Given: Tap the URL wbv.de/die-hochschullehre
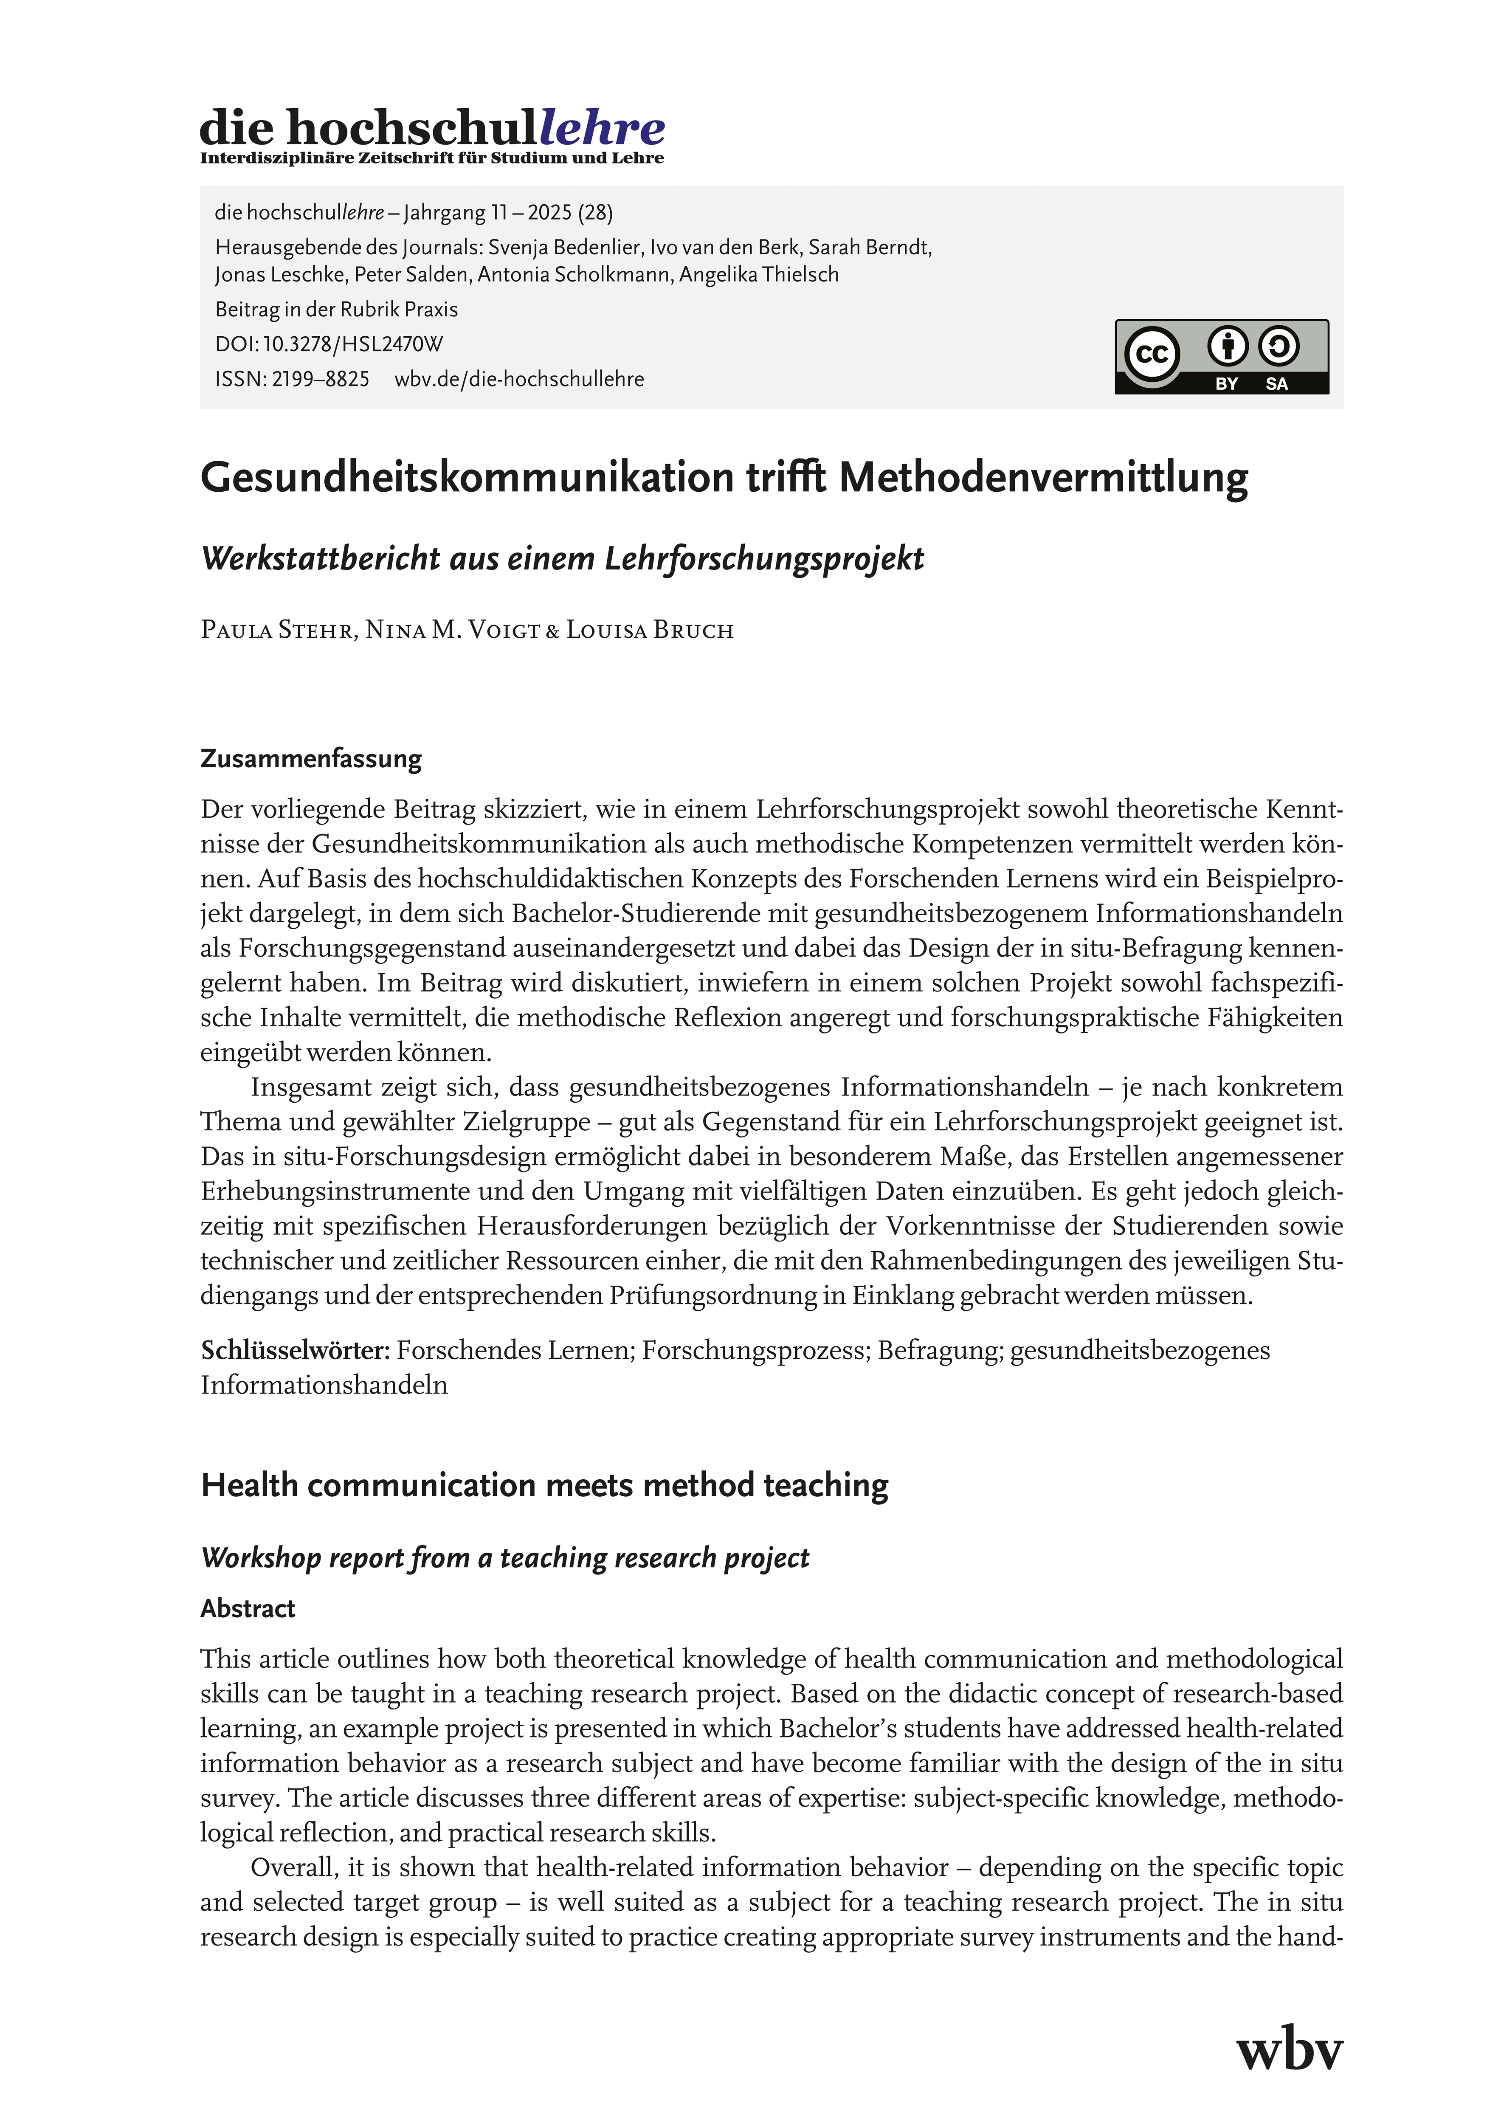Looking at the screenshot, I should point(519,379).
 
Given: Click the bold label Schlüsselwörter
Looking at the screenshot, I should point(295,1351).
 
